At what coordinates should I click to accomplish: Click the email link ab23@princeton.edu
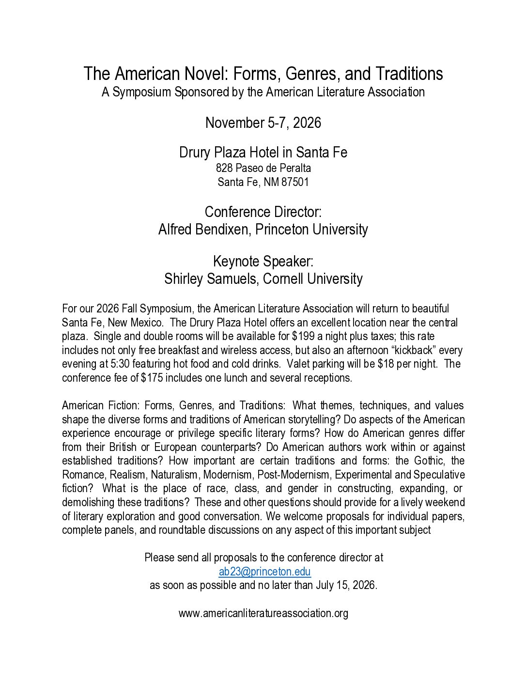click(264, 572)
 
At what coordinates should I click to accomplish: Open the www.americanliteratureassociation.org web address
click(263, 613)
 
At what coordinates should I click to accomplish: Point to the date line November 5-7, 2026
click(263, 123)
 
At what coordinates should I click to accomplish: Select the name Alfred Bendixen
click(203, 229)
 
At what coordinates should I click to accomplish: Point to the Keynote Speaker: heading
click(263, 262)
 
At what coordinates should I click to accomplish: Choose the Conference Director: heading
click(263, 212)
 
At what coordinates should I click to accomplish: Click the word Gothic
click(429, 461)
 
